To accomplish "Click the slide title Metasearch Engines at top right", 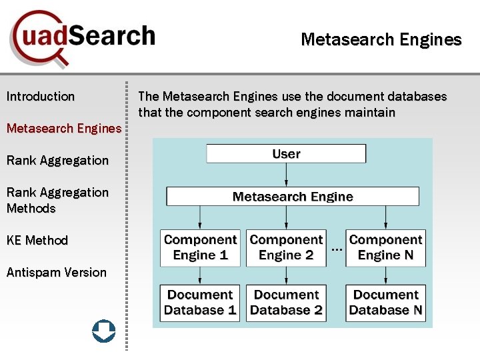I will (x=381, y=40).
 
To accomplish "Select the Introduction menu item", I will (x=41, y=97).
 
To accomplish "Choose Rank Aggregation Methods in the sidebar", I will (x=57, y=200).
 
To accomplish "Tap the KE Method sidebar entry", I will (x=37, y=240).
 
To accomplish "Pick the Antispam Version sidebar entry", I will (x=57, y=272).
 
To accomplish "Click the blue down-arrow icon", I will (x=103, y=331).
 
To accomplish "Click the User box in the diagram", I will (x=286, y=154).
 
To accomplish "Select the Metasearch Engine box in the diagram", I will (x=293, y=197).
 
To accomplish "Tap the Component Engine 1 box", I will (x=200, y=247).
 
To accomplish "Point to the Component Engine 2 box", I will (x=286, y=247).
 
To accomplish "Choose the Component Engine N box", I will (x=385, y=247).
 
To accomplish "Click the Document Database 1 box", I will (x=200, y=303).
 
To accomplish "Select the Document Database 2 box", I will (x=286, y=303).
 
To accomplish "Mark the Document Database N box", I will (x=385, y=303).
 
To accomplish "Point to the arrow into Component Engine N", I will (x=385, y=217).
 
